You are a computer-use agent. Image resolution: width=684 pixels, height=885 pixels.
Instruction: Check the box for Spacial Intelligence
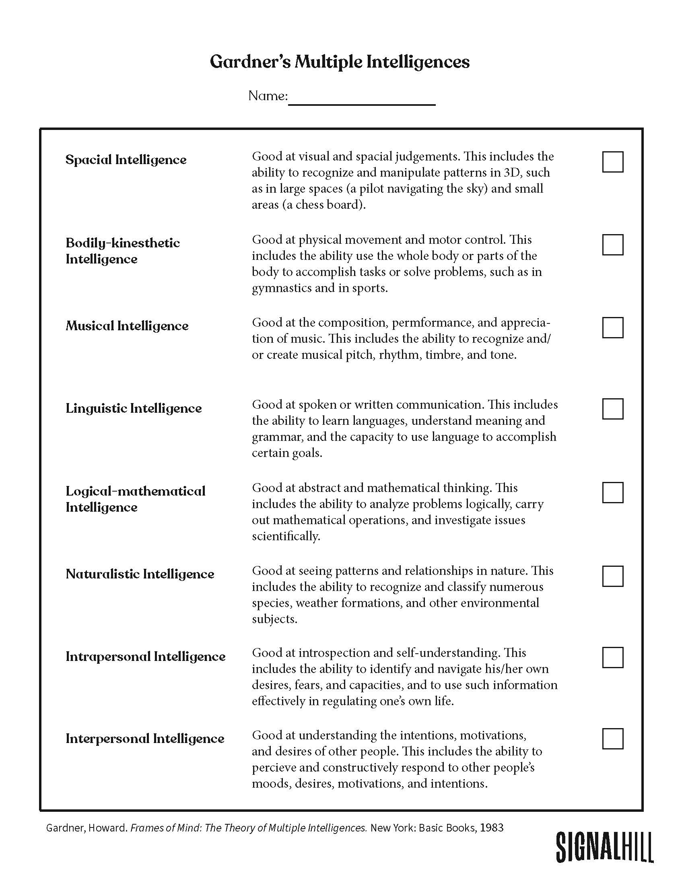point(612,162)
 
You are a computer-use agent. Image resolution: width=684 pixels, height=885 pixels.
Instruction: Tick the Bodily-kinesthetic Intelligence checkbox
point(612,245)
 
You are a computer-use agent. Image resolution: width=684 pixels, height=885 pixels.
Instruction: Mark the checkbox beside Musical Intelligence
point(612,327)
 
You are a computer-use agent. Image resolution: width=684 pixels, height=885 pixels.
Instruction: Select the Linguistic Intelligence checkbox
point(612,409)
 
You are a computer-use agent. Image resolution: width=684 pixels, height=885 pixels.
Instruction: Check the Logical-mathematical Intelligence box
point(612,492)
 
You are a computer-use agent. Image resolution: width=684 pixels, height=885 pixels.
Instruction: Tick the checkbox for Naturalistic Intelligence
point(612,576)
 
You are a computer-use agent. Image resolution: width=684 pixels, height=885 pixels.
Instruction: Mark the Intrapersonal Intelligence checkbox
point(612,657)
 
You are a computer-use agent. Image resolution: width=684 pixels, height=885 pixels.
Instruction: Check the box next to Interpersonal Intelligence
point(612,739)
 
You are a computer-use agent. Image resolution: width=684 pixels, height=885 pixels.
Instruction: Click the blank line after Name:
point(361,99)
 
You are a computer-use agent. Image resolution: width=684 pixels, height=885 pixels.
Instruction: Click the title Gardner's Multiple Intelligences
point(340,62)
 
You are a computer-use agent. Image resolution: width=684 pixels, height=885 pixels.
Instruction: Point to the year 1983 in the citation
point(492,827)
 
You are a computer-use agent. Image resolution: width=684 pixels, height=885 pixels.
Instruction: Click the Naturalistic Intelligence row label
point(140,574)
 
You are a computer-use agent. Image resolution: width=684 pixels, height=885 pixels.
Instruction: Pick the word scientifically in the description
point(286,536)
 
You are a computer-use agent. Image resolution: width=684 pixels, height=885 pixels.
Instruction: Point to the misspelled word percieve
point(277,768)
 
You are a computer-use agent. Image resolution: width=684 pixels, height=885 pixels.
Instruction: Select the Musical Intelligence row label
point(127,326)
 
